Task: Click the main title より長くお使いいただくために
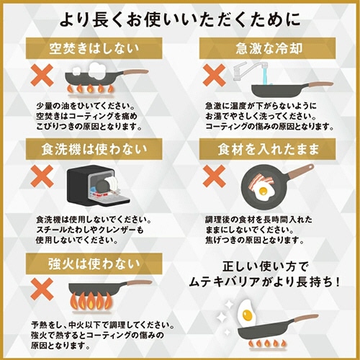(180, 17)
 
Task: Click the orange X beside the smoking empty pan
(41, 76)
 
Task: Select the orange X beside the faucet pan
(215, 74)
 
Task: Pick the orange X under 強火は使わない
(41, 286)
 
